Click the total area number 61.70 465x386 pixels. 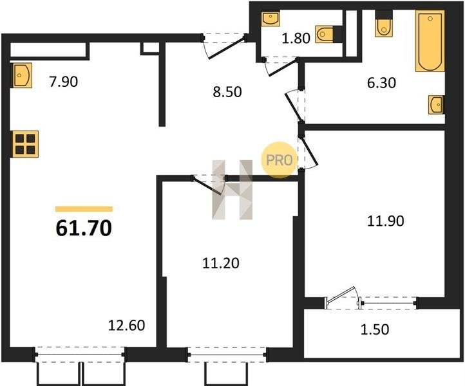click(84, 228)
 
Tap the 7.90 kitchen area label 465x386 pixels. click(64, 82)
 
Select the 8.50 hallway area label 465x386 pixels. click(227, 92)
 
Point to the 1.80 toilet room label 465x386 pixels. click(296, 38)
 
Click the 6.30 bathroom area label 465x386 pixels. click(381, 83)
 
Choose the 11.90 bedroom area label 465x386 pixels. click(386, 221)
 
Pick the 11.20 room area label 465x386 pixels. click(221, 263)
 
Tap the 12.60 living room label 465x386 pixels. click(127, 326)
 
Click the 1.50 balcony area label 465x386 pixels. click(375, 329)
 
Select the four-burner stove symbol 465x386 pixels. click(25, 144)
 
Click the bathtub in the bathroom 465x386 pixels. click(430, 41)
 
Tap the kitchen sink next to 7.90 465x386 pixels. click(22, 75)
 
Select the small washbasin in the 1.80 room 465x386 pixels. click(270, 19)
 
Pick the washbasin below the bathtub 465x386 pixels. click(436, 105)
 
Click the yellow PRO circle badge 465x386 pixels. click(280, 160)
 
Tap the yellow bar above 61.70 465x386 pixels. click(84, 209)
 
